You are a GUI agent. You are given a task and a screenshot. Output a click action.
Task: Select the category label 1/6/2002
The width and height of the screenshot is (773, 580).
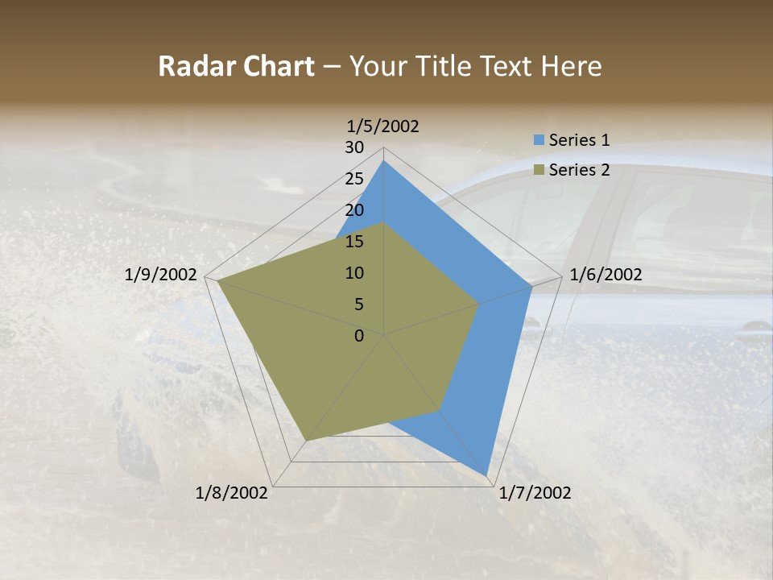[x=606, y=275]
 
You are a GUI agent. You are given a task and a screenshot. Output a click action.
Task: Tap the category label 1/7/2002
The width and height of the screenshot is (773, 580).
[x=535, y=493]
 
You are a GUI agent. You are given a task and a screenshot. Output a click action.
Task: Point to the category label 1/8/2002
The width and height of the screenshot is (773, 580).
[x=232, y=493]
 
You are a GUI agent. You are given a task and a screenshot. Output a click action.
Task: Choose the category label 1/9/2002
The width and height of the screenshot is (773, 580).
[x=161, y=275]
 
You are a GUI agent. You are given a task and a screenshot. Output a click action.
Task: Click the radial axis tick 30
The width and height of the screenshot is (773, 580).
[x=354, y=147]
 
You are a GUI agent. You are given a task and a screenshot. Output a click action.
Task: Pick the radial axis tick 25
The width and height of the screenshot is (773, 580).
[x=354, y=179]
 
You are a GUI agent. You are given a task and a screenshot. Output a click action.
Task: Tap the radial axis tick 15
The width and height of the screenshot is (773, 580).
[x=354, y=242]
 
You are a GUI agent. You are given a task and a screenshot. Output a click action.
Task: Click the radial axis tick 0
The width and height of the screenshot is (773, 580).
[x=359, y=336]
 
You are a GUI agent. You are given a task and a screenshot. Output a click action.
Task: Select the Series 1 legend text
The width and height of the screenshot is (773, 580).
[x=579, y=140]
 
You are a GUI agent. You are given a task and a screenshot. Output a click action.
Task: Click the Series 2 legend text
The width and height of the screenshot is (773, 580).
[x=579, y=170]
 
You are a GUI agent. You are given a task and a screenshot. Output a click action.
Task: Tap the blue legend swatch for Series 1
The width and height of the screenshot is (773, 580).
[x=539, y=140]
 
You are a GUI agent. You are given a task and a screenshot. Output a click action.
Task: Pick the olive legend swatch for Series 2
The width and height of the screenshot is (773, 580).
[x=539, y=170]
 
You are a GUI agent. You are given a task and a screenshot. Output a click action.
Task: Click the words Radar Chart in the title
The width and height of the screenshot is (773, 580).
[x=236, y=66]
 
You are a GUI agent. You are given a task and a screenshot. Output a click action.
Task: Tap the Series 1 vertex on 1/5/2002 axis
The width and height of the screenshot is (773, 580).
[x=383, y=160]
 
